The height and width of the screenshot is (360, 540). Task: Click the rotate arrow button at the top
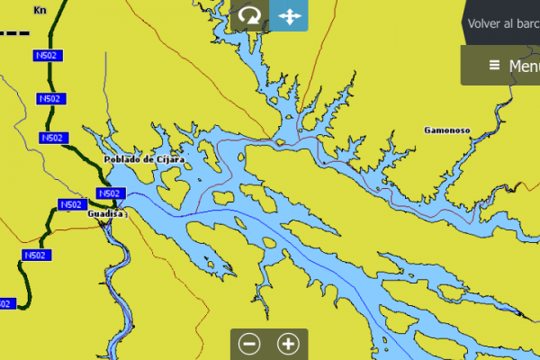tap(249, 16)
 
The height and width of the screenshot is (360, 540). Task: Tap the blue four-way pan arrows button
tap(289, 16)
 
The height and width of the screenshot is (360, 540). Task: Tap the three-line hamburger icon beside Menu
tap(494, 66)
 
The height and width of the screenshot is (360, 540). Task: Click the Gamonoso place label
tap(447, 130)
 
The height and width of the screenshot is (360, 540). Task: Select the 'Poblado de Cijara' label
tap(144, 159)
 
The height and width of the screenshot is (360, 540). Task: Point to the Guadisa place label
tap(104, 214)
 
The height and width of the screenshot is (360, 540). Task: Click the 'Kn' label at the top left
tap(39, 11)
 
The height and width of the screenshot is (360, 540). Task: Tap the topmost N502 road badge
tap(47, 56)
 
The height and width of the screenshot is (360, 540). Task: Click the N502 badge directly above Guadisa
tap(109, 193)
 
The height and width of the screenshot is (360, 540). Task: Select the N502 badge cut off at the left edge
tap(5, 304)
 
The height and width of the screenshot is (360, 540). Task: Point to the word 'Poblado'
tap(123, 159)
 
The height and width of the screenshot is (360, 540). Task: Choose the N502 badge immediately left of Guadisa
tap(71, 205)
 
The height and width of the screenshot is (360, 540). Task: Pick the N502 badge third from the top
tap(52, 138)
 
